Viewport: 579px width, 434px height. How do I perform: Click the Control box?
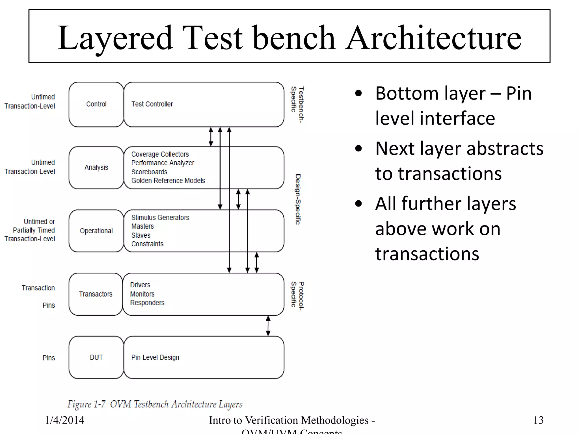[x=96, y=104]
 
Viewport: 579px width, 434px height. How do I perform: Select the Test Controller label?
[x=152, y=104]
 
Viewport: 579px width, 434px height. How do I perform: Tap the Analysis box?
[x=96, y=168]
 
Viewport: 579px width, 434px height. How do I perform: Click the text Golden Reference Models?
[x=168, y=181]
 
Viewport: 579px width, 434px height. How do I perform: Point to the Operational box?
[x=96, y=231]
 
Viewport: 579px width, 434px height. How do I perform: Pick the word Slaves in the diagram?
[x=141, y=235]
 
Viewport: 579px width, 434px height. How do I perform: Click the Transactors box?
[x=96, y=294]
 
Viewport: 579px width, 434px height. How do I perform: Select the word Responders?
[x=147, y=303]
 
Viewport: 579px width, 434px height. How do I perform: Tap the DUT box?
[x=96, y=357]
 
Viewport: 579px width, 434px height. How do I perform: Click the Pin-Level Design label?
[x=155, y=357]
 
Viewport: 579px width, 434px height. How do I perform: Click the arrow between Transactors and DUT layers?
[x=268, y=326]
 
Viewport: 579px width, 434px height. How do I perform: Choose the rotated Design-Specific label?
[x=298, y=199]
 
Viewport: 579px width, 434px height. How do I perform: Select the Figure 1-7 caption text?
[x=155, y=404]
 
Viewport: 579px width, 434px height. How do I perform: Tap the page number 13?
[x=538, y=420]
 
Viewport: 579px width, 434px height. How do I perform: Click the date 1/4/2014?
[x=64, y=420]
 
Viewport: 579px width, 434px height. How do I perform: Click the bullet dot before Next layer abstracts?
[x=358, y=149]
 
